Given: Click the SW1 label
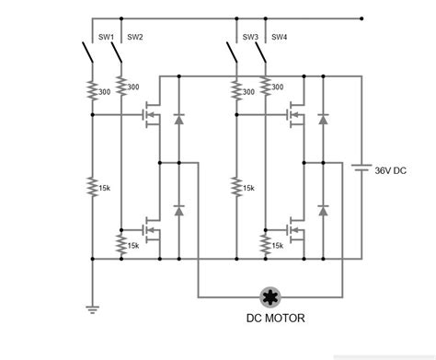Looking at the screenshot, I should (106, 38).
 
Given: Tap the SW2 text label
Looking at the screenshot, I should (134, 38).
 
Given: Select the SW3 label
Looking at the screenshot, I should (250, 38).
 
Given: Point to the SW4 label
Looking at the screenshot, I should (279, 38).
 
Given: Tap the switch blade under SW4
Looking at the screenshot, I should (260, 55).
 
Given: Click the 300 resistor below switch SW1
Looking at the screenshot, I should (93, 90).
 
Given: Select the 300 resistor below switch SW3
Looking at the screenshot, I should (237, 90).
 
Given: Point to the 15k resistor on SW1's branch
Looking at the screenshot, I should (93, 187).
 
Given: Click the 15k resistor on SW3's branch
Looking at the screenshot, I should (237, 187).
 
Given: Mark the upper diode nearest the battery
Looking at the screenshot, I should (323, 120).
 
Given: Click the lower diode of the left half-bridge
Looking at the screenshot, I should (178, 210).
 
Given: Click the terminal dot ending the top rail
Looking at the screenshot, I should (362, 17).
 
